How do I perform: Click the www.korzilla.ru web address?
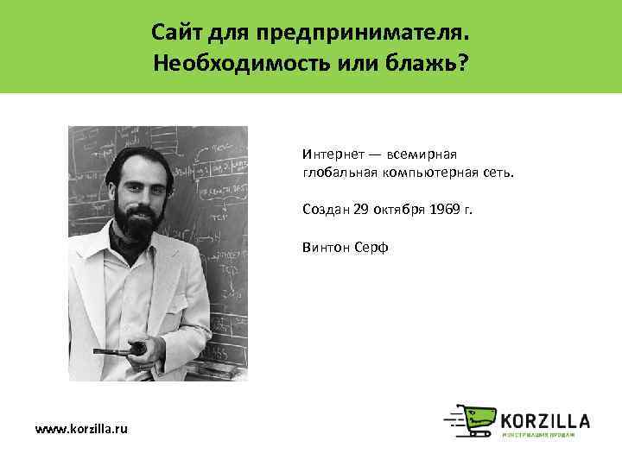coord(80,429)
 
